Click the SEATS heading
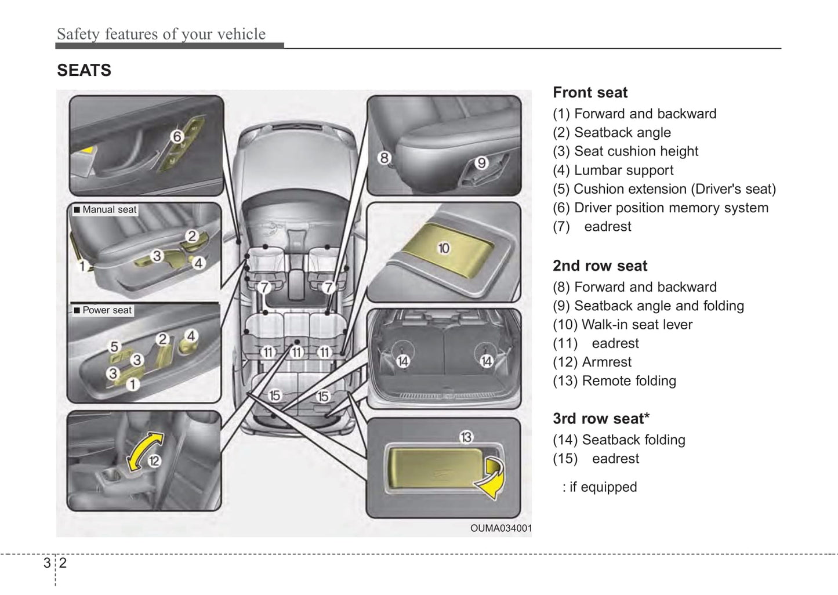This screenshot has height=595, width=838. [84, 71]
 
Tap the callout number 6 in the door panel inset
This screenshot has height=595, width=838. [177, 136]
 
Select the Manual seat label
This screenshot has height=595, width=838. [109, 210]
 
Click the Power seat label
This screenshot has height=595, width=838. [107, 310]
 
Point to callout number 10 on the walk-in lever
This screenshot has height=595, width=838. [444, 248]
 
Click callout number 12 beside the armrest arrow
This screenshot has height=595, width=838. [154, 461]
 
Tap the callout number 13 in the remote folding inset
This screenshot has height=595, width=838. [466, 437]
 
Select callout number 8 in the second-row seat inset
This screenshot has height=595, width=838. [384, 158]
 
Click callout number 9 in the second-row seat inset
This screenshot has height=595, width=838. [481, 163]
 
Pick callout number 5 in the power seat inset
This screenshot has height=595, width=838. [114, 346]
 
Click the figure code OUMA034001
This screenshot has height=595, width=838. [500, 528]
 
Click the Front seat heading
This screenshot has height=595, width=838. [590, 93]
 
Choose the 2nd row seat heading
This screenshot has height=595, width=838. [600, 266]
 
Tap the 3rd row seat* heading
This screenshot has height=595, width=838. [601, 419]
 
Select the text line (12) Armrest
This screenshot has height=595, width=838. [592, 362]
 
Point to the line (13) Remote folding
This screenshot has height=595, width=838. [614, 381]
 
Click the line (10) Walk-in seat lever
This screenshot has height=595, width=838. [622, 325]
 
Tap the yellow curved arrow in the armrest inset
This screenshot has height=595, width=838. [144, 451]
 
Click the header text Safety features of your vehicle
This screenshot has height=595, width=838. [161, 34]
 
